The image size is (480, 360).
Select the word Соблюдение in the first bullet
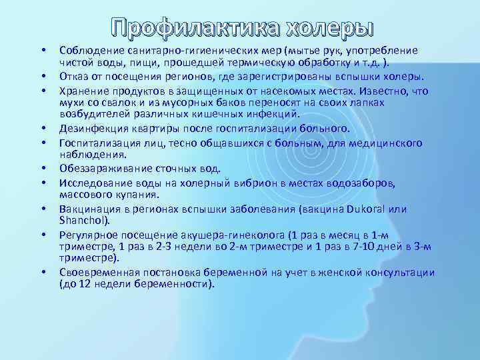[x=89, y=51]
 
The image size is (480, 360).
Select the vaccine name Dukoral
[x=369, y=209]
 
